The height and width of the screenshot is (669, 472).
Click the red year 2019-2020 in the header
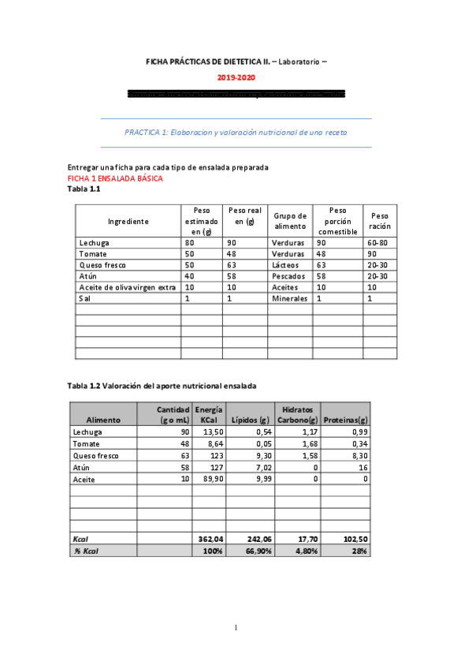point(236,78)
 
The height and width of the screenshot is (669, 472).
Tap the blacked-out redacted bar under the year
point(236,94)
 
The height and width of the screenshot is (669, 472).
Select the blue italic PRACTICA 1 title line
point(236,133)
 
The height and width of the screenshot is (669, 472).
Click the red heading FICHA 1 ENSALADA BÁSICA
point(115,179)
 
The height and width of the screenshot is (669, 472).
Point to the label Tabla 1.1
point(84,189)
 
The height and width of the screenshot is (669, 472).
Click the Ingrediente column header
point(128,222)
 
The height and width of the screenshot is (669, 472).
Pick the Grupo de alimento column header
point(289,222)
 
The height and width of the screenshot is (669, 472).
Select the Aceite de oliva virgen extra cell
point(126,288)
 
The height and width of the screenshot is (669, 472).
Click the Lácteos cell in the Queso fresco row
point(284,266)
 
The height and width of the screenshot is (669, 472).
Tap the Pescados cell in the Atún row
point(288,277)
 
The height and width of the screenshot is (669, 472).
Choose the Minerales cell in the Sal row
point(288,299)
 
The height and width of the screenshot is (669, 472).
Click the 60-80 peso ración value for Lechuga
point(379,244)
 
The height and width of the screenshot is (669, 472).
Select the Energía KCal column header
point(209,414)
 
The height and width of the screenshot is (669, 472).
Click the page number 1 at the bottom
point(236,628)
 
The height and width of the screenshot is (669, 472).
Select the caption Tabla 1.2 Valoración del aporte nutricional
point(162,385)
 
